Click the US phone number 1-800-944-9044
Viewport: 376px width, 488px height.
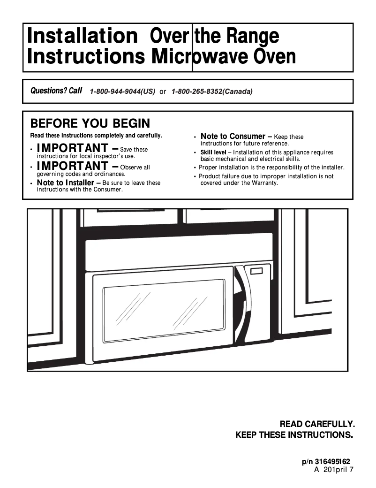(x=122, y=91)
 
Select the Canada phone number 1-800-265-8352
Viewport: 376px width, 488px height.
(x=212, y=91)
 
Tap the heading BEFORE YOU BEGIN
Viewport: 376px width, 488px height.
(x=90, y=124)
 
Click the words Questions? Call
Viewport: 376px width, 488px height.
(x=56, y=91)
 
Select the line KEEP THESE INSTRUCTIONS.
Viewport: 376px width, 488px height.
(x=294, y=435)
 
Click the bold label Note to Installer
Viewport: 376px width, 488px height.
(x=65, y=183)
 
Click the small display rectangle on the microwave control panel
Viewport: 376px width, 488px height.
(x=257, y=271)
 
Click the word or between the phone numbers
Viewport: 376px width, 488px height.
(x=163, y=92)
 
